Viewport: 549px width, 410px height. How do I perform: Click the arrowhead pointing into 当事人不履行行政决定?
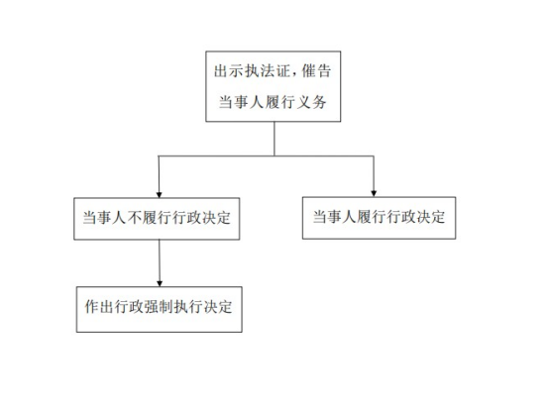coord(159,194)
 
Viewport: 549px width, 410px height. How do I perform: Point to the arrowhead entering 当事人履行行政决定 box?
coord(374,193)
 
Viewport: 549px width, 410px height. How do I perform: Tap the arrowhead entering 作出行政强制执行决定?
coord(160,283)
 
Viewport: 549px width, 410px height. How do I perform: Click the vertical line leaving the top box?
coord(274,139)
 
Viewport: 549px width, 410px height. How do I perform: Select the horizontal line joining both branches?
coord(267,156)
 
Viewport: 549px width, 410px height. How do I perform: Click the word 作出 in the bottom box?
coord(99,307)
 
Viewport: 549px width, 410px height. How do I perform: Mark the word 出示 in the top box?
coord(229,71)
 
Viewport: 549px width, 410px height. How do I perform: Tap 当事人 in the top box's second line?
coord(241,102)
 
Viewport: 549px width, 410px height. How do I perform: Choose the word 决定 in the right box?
coord(430,217)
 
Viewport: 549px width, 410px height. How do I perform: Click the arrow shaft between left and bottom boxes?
coord(160,260)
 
